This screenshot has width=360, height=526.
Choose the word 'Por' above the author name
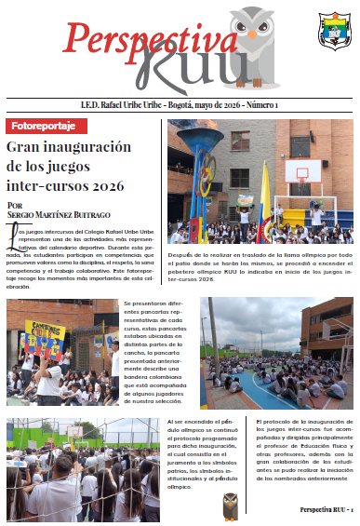pos(14,205)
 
